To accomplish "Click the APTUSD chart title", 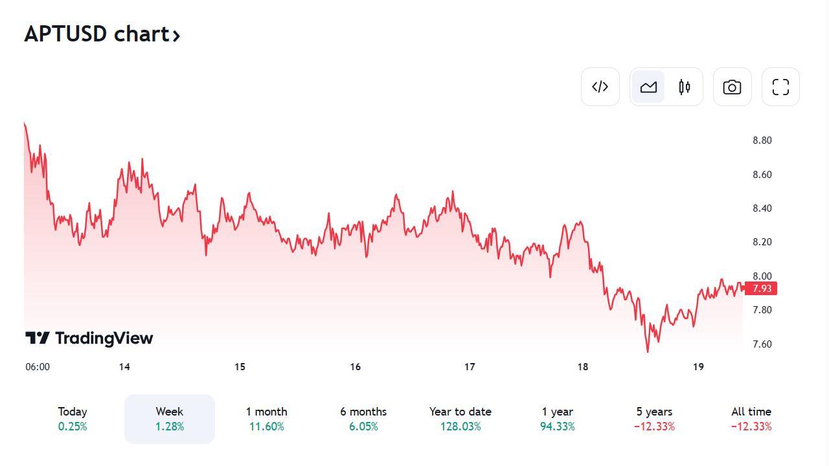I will [x=102, y=34].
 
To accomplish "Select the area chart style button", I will [x=648, y=87].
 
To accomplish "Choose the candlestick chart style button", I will [x=685, y=87].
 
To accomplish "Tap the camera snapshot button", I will [x=732, y=87].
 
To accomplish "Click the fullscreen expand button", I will [x=780, y=87].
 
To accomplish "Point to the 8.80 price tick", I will [x=762, y=140].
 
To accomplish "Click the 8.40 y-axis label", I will [x=762, y=208].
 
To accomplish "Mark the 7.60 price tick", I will [x=762, y=344].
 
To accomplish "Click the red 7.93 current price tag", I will [x=761, y=289].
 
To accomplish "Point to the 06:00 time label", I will [x=38, y=367].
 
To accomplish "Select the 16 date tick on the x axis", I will [x=355, y=367].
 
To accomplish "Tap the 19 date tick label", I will [x=698, y=367].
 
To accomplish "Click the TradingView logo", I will [x=89, y=338].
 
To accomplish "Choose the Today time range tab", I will [x=73, y=419].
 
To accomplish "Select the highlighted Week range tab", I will [x=170, y=419].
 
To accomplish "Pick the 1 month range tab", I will [x=266, y=419].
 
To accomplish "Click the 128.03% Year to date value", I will [x=460, y=427].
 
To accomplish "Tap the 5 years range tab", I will [x=654, y=419].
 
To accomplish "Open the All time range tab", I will [x=751, y=419].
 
